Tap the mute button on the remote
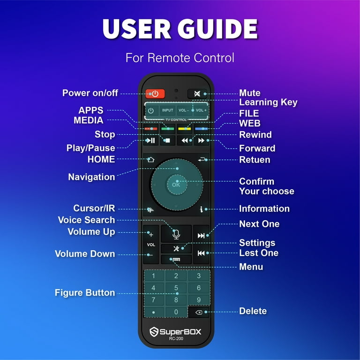coord(197,93)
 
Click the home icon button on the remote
coord(150,159)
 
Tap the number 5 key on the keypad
coord(176,288)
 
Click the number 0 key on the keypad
coord(176,312)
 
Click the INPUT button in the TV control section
coord(167,110)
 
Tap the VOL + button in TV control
coord(201,110)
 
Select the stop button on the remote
coord(167,140)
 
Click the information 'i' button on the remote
coord(202,209)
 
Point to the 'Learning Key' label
coord(268,102)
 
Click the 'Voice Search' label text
coord(86,220)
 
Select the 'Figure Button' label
coord(85,292)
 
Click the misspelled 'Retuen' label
coord(255,160)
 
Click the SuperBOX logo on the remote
coord(176,332)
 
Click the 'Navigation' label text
coord(91,177)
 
